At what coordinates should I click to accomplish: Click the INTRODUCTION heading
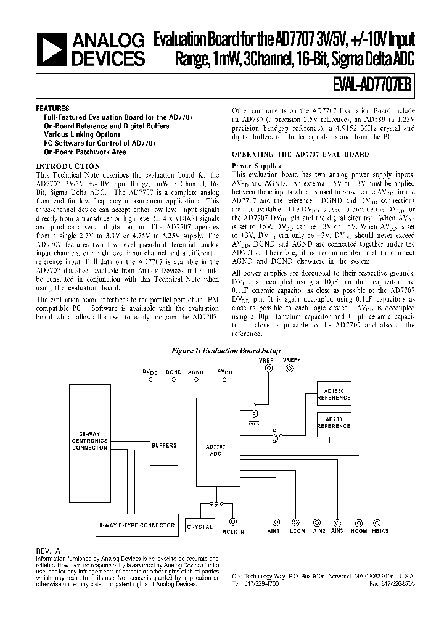point(68,166)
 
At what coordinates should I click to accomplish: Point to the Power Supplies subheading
point(256,166)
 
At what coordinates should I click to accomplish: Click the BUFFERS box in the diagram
point(163,446)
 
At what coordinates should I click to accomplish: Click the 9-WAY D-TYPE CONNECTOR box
point(138,525)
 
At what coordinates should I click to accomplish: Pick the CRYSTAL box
point(200,525)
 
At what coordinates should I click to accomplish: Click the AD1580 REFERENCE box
point(334,395)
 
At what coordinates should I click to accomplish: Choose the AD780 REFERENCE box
point(334,422)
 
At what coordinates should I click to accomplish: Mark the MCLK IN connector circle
point(233,521)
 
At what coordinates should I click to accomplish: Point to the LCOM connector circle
point(296,521)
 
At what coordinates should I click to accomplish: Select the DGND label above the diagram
point(173,372)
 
